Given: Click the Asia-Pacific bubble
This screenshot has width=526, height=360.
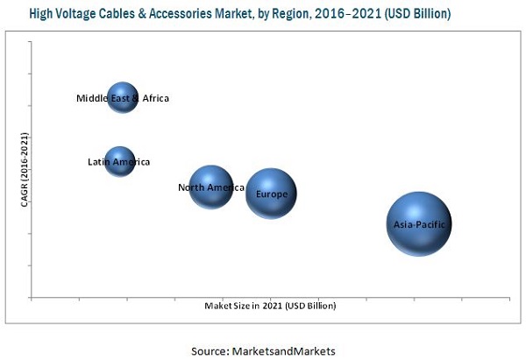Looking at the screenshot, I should [419, 224].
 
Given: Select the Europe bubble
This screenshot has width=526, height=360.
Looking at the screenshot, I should [271, 194].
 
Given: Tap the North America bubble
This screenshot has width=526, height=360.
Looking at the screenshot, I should [211, 187].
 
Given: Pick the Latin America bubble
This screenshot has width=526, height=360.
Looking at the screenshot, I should [120, 161].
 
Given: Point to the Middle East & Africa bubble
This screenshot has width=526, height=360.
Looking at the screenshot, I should [123, 97].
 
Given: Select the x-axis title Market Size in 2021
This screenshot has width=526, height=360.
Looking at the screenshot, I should [270, 306].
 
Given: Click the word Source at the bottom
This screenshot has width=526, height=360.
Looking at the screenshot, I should [211, 349].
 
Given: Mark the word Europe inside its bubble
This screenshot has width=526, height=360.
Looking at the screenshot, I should [272, 194].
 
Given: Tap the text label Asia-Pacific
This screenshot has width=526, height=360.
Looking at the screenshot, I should [421, 224].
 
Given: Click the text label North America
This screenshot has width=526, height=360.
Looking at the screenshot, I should [211, 187].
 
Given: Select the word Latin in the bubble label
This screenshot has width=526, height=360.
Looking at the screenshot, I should [99, 162].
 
